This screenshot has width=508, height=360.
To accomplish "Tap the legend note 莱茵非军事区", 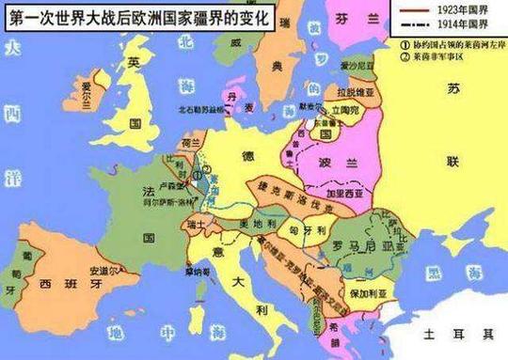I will [x=441, y=56].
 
